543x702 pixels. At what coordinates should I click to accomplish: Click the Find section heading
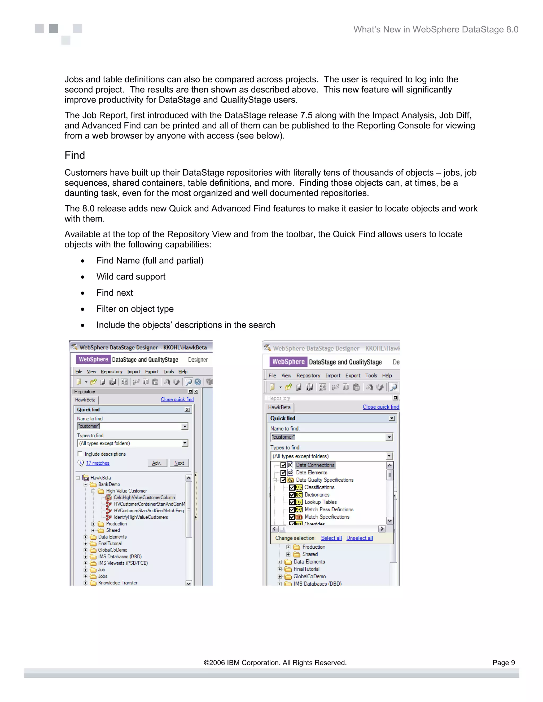pyautogui.click(x=75, y=155)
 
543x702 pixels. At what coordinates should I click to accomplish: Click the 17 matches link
pyautogui.click(x=98, y=463)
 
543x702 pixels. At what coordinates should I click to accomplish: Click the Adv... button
pyautogui.click(x=158, y=463)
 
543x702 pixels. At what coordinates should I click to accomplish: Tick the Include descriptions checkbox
pyautogui.click(x=80, y=454)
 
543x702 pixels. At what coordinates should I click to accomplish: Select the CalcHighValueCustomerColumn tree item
pyautogui.click(x=144, y=497)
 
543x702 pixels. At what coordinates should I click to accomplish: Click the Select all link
pyautogui.click(x=331, y=538)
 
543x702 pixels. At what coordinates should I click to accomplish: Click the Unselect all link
pyautogui.click(x=359, y=538)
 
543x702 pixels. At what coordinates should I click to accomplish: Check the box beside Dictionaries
pyautogui.click(x=292, y=495)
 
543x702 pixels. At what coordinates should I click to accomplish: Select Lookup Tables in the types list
pyautogui.click(x=320, y=502)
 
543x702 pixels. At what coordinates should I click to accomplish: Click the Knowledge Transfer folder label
pyautogui.click(x=118, y=583)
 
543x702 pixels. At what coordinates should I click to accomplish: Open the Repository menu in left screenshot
pyautogui.click(x=111, y=372)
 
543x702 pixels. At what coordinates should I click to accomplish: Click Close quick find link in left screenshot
pyautogui.click(x=177, y=399)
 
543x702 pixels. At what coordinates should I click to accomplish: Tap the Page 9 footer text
pyautogui.click(x=503, y=663)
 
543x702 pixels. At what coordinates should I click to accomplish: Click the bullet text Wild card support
pyautogui.click(x=131, y=277)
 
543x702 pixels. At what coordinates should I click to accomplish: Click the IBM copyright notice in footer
pyautogui.click(x=275, y=663)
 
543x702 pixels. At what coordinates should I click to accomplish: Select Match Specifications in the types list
pyautogui.click(x=327, y=517)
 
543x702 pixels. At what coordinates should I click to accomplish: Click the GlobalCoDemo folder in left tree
pyautogui.click(x=113, y=550)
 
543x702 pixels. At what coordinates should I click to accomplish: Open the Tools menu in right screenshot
pyautogui.click(x=371, y=375)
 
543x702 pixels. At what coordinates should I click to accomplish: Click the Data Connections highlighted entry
pyautogui.click(x=315, y=465)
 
